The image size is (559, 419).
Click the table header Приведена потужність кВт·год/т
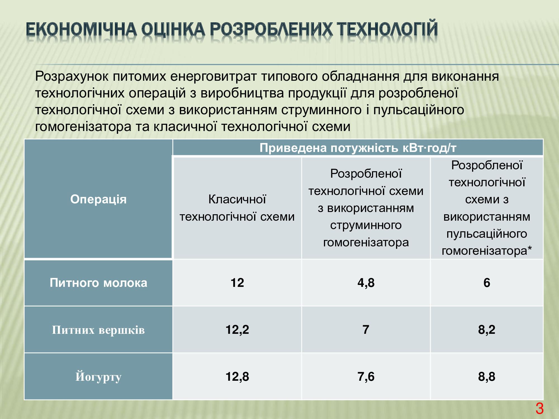tap(358, 148)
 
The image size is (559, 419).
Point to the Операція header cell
tap(98, 199)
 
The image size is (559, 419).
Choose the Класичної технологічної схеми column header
tap(237, 208)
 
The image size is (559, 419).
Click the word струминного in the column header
tap(366, 225)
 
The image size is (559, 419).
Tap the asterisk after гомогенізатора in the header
tap(529, 248)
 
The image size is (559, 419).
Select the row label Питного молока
tap(98, 283)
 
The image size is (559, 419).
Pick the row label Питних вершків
tap(98, 330)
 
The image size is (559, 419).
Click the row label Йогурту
tap(98, 377)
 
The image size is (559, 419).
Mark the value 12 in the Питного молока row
tap(237, 283)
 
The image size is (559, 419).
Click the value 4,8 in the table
tap(366, 283)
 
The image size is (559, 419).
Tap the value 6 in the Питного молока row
tap(487, 283)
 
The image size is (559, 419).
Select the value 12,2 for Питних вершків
tap(237, 330)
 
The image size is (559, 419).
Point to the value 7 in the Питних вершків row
tap(366, 330)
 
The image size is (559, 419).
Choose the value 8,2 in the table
tap(487, 330)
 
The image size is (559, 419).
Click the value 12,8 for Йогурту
tap(237, 377)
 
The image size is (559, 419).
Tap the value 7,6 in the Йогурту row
tap(366, 377)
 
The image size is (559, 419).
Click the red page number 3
tap(539, 409)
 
